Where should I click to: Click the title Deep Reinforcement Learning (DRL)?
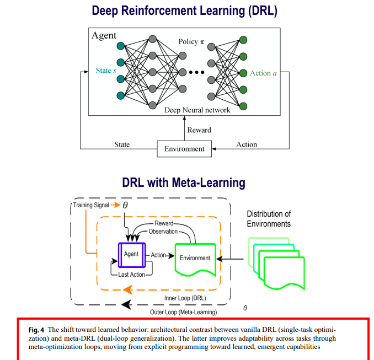(184, 10)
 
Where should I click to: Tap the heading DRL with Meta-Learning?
(184, 182)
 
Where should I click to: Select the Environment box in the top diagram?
(184, 148)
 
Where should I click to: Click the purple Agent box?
(131, 254)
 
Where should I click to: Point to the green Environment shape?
(194, 257)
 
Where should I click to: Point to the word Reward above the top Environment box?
(199, 130)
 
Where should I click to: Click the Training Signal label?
(92, 205)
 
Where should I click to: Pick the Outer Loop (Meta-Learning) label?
(183, 312)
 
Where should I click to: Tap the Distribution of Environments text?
(269, 219)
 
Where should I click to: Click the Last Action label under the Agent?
(131, 275)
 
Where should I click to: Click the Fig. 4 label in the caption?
(38, 330)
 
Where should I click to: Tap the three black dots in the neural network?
(197, 72)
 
